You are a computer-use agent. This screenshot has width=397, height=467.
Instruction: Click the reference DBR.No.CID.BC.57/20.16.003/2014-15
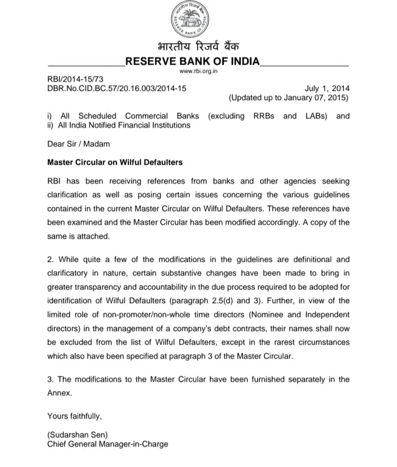(117, 88)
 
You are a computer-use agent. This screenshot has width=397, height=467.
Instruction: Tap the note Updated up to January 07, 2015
(289, 98)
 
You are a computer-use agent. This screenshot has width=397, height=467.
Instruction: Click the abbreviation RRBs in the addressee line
(264, 116)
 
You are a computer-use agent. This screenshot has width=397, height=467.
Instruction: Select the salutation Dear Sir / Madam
(78, 144)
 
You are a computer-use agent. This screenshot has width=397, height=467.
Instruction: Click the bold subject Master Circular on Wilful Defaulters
(115, 162)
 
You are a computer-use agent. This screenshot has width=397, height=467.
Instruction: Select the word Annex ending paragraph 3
(59, 393)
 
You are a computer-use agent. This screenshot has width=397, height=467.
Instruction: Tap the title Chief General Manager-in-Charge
(108, 443)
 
